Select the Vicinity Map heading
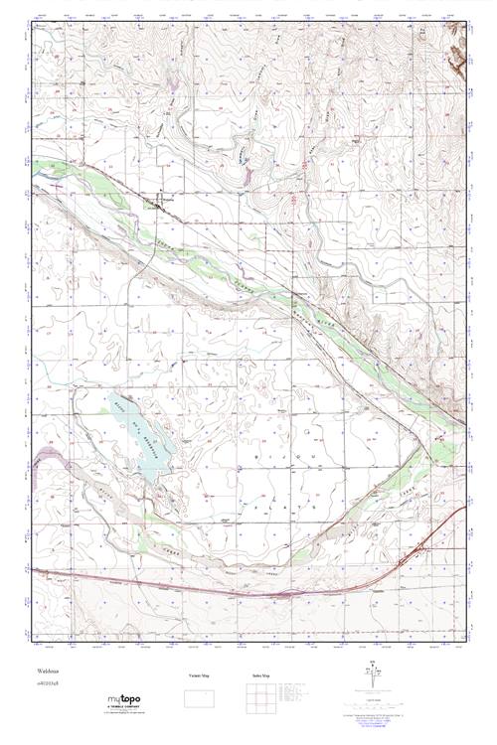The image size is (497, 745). pyautogui.click(x=200, y=675)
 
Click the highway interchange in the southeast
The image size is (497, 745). pyautogui.click(x=423, y=547)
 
